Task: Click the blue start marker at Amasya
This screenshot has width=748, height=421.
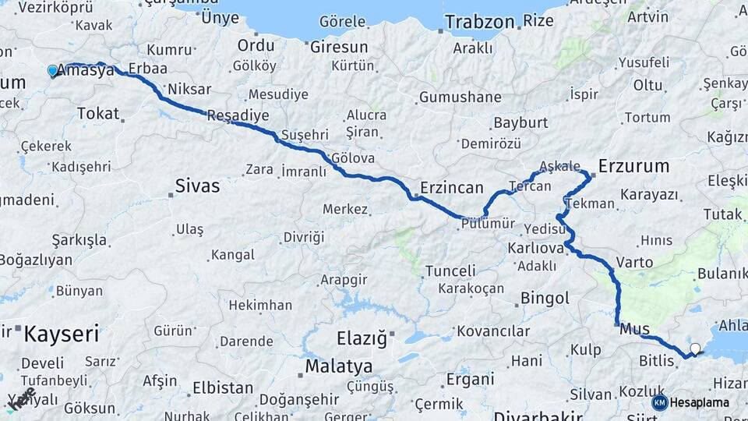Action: coord(52,70)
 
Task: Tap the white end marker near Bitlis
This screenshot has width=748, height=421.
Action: coord(695,349)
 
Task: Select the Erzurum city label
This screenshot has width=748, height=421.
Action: coord(634,165)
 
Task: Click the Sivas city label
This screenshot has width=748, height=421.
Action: coord(197,186)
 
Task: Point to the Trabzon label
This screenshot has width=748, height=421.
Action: coord(481,22)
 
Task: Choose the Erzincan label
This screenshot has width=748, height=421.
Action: coord(452,188)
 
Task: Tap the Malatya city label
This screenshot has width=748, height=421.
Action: coord(338,366)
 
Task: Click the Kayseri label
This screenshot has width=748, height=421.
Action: coord(62,334)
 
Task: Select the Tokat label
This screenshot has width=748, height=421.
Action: coord(98,114)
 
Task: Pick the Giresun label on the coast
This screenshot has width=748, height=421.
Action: coord(338,47)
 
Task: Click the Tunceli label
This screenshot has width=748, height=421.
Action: coord(450,271)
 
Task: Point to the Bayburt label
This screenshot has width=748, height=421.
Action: coord(521,123)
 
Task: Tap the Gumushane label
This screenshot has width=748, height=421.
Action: coord(460,97)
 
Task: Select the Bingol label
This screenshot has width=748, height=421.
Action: coord(545,298)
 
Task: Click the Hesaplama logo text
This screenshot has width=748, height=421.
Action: coord(700,402)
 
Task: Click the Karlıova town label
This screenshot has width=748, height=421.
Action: coord(535,248)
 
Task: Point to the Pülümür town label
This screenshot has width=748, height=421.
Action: coord(489,224)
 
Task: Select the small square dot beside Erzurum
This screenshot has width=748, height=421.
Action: coord(593,175)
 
